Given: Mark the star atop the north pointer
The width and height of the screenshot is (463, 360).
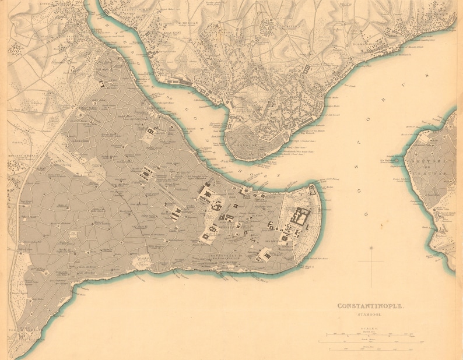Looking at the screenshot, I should [371, 249].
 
